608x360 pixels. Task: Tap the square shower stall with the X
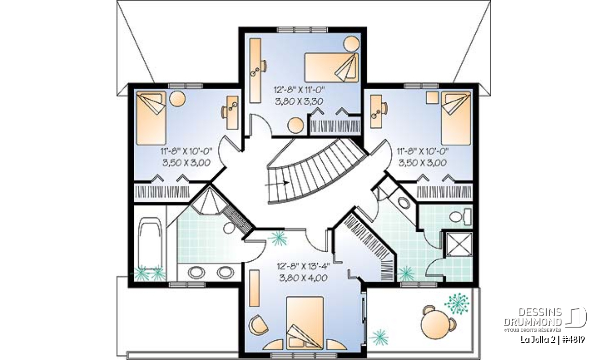click(x=459, y=244)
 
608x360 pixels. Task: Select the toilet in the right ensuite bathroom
click(x=461, y=217)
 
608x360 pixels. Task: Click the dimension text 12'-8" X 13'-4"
click(x=303, y=266)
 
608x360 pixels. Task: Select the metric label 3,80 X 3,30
click(x=299, y=101)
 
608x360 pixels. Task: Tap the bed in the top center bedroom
click(x=331, y=67)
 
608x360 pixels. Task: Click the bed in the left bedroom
click(x=151, y=118)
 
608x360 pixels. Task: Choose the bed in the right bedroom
click(x=456, y=118)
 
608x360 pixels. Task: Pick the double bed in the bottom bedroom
click(x=305, y=323)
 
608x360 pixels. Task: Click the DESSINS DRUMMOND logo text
click(x=533, y=317)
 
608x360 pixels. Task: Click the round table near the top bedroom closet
click(x=295, y=126)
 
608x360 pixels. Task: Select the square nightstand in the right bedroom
click(x=432, y=98)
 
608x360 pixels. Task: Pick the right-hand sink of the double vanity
click(x=225, y=272)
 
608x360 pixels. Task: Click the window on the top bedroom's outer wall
click(x=302, y=30)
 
